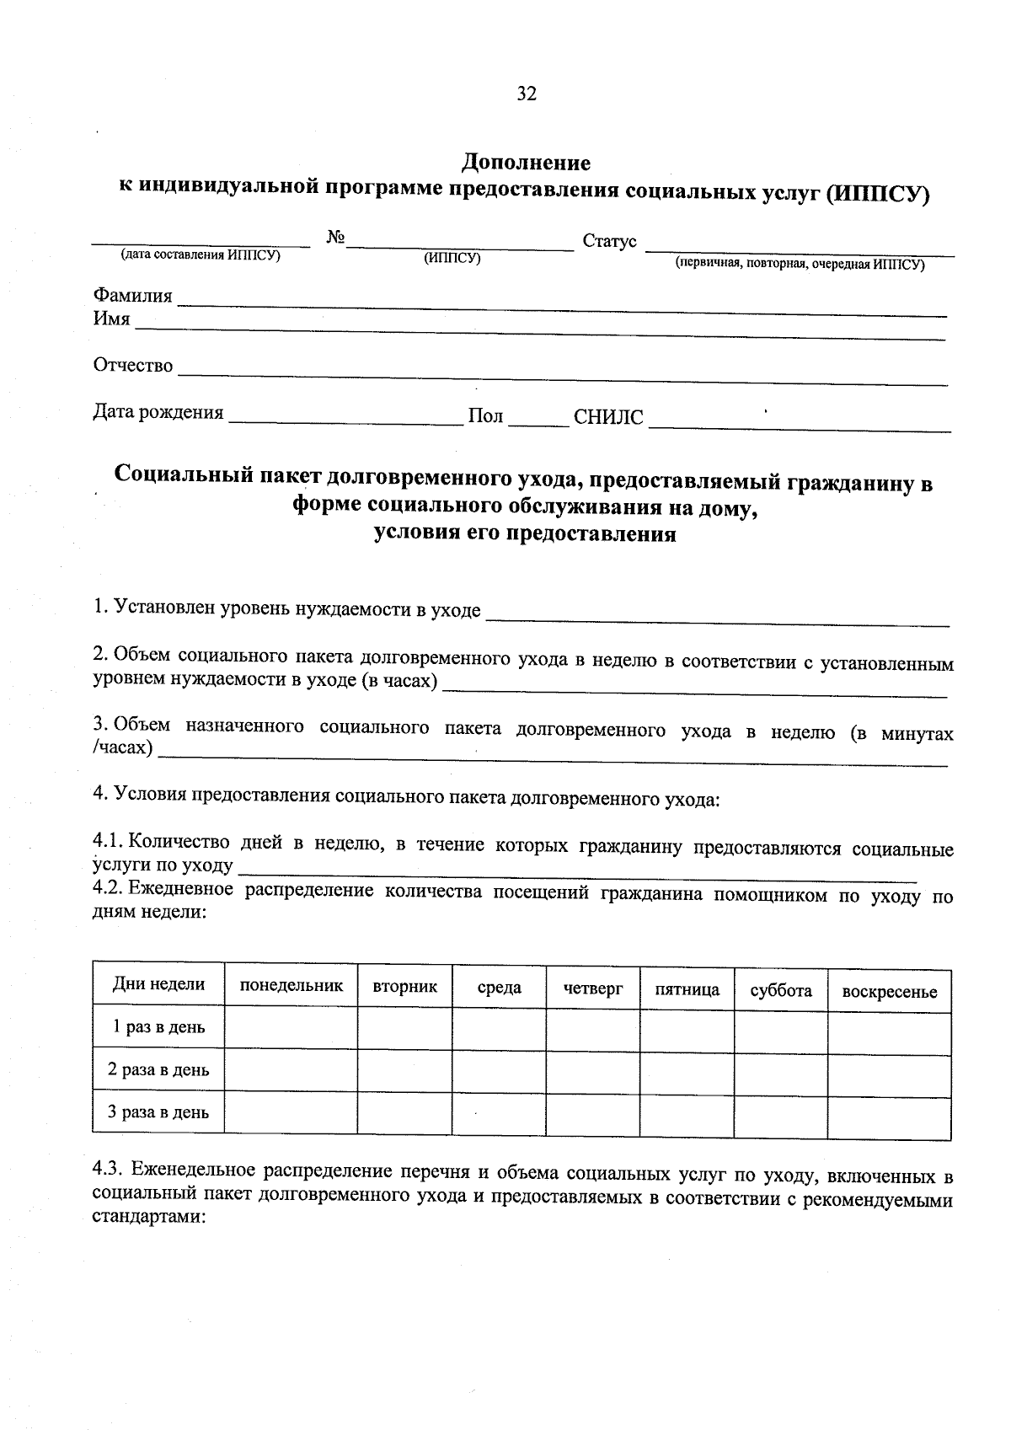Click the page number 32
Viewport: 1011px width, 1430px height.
(527, 94)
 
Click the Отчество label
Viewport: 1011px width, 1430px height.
(132, 366)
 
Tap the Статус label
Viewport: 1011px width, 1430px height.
(610, 242)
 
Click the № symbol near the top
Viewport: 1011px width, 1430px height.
(335, 238)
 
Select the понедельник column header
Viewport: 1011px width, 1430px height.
(292, 986)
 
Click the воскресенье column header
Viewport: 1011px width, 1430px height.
(890, 992)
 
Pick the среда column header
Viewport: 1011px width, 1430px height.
(499, 988)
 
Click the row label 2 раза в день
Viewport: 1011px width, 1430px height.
(158, 1070)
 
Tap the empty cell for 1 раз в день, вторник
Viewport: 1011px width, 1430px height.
(404, 1028)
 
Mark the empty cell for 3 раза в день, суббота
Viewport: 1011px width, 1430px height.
(780, 1116)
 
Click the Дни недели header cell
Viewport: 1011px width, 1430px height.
(158, 984)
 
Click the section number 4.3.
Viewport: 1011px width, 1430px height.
(108, 1170)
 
